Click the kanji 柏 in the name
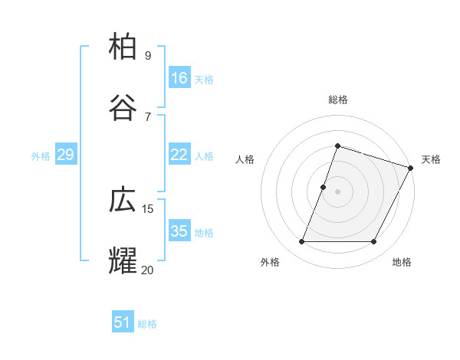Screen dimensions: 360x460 (x=124, y=47)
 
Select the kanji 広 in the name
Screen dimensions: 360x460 (x=124, y=200)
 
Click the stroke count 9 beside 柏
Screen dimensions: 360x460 (x=147, y=56)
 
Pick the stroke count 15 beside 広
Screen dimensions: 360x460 (x=148, y=208)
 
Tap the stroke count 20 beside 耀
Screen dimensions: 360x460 (x=147, y=269)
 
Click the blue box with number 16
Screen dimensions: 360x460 (x=179, y=78)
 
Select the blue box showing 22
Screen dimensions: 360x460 (x=179, y=155)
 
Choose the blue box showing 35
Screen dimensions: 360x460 (x=179, y=231)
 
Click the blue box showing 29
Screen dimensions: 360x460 (x=65, y=155)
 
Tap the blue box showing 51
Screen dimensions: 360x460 (x=123, y=322)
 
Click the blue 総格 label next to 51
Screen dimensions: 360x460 (x=147, y=324)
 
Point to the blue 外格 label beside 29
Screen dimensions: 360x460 (x=41, y=156)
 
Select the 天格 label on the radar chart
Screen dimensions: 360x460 (x=431, y=159)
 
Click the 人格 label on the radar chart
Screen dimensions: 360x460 (x=245, y=159)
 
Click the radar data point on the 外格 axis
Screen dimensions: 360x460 (x=301, y=242)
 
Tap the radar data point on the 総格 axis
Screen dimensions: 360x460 (x=337, y=146)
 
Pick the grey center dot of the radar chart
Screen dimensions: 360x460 (x=337, y=191)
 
